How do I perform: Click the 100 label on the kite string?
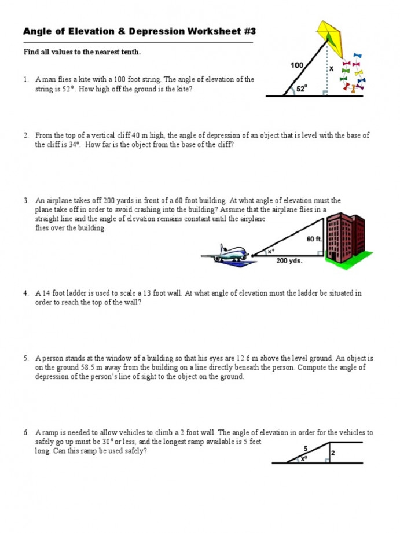pyautogui.click(x=296, y=65)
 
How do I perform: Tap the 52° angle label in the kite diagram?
pyautogui.click(x=302, y=89)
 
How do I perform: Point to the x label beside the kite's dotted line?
pyautogui.click(x=331, y=68)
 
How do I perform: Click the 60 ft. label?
pyautogui.click(x=314, y=238)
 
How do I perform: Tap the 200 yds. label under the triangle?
pyautogui.click(x=289, y=260)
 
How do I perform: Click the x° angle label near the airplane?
pyautogui.click(x=270, y=252)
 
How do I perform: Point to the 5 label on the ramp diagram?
pyautogui.click(x=305, y=447)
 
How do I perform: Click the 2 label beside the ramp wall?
pyautogui.click(x=333, y=453)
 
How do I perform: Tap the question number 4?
pyautogui.click(x=26, y=293)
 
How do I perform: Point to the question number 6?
pyautogui.click(x=26, y=432)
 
